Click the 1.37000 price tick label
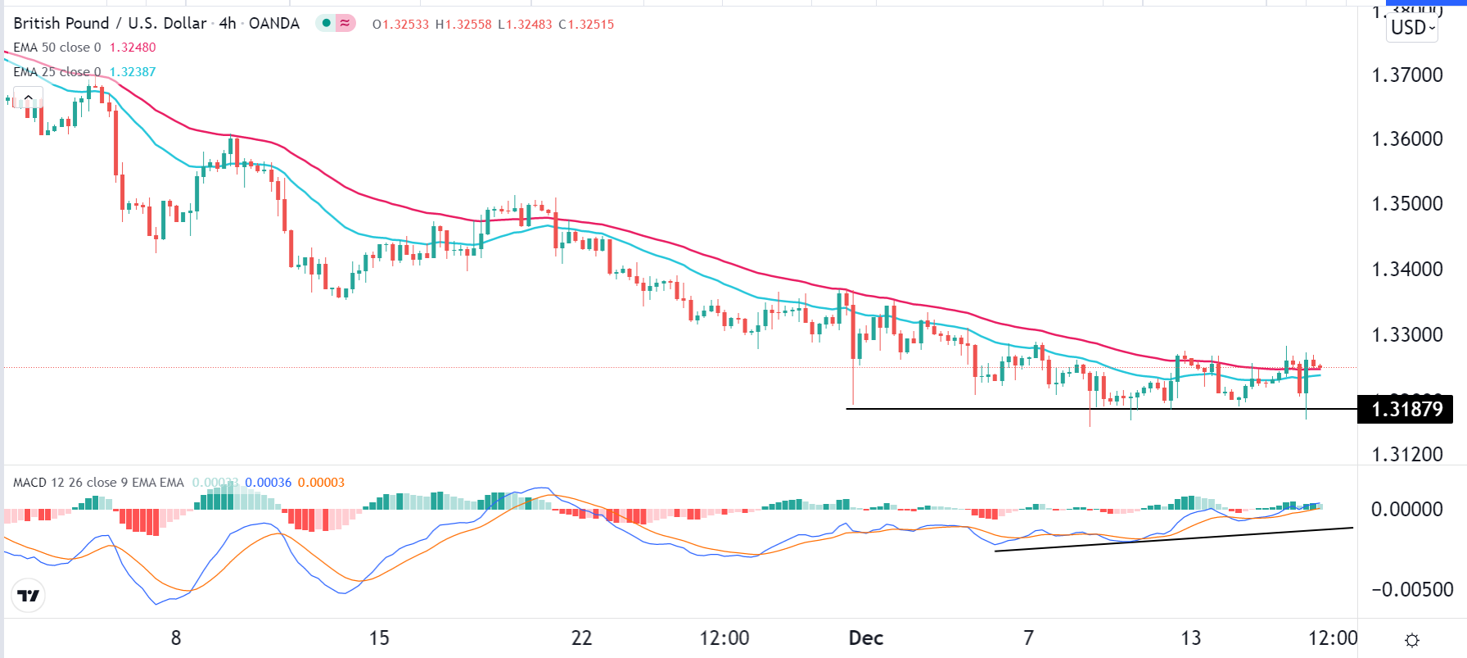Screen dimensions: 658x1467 1406,75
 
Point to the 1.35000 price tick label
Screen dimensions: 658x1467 1406,204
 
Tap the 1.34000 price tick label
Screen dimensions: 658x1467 1406,269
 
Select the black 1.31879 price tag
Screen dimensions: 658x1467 1406,409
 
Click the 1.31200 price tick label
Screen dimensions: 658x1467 1406,455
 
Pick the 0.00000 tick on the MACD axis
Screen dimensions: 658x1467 1406,510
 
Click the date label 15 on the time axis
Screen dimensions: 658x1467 379,638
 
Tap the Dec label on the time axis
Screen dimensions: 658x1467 865,638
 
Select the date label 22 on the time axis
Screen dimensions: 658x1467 581,638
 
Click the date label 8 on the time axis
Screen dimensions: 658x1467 176,638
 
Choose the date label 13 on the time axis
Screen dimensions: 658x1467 1191,638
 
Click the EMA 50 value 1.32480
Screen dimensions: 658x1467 133,48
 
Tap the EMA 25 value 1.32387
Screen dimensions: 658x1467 133,72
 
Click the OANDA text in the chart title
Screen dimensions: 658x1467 274,24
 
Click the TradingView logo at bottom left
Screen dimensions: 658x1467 29,596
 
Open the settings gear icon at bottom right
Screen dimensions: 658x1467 1412,640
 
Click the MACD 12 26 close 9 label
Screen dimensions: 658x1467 98,483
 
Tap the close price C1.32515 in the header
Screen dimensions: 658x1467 586,25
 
